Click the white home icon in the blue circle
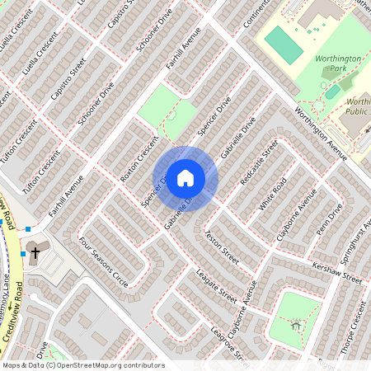(x=185, y=178)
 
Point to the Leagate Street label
(x=217, y=286)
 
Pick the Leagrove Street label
(x=230, y=344)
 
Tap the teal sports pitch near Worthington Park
(x=284, y=44)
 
